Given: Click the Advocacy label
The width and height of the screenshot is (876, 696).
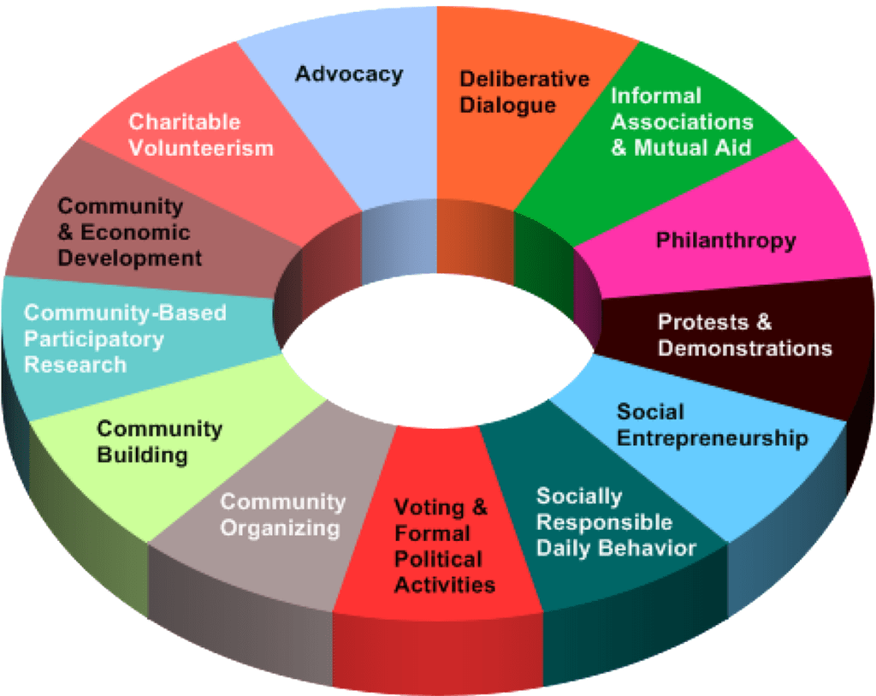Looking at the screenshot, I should (348, 74).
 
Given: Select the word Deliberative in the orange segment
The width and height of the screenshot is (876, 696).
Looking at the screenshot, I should (524, 80).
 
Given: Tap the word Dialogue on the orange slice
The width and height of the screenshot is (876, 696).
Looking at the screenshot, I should (508, 106).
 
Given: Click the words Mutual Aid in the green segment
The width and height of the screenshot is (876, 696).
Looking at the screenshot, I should (692, 147).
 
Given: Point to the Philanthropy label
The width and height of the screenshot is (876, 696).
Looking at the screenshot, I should (725, 241).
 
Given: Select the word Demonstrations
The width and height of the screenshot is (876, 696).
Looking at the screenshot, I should (744, 348).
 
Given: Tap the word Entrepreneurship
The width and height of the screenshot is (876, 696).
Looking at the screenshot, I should (713, 438).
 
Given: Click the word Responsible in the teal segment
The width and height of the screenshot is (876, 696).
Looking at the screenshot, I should (604, 522).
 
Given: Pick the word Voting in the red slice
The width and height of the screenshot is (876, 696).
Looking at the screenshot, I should (430, 508).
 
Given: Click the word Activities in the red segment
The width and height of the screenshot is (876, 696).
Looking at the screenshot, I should (444, 586).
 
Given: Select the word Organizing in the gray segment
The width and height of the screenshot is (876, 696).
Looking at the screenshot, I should (280, 527).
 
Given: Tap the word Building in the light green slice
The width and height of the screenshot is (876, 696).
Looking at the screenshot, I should (142, 454).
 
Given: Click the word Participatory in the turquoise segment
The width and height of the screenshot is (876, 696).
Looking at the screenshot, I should (93, 339).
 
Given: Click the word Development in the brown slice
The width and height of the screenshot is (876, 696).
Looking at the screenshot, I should (130, 258).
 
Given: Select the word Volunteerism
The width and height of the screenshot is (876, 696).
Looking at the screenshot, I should (201, 148).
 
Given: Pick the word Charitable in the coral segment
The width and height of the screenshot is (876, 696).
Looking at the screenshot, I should (184, 122).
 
